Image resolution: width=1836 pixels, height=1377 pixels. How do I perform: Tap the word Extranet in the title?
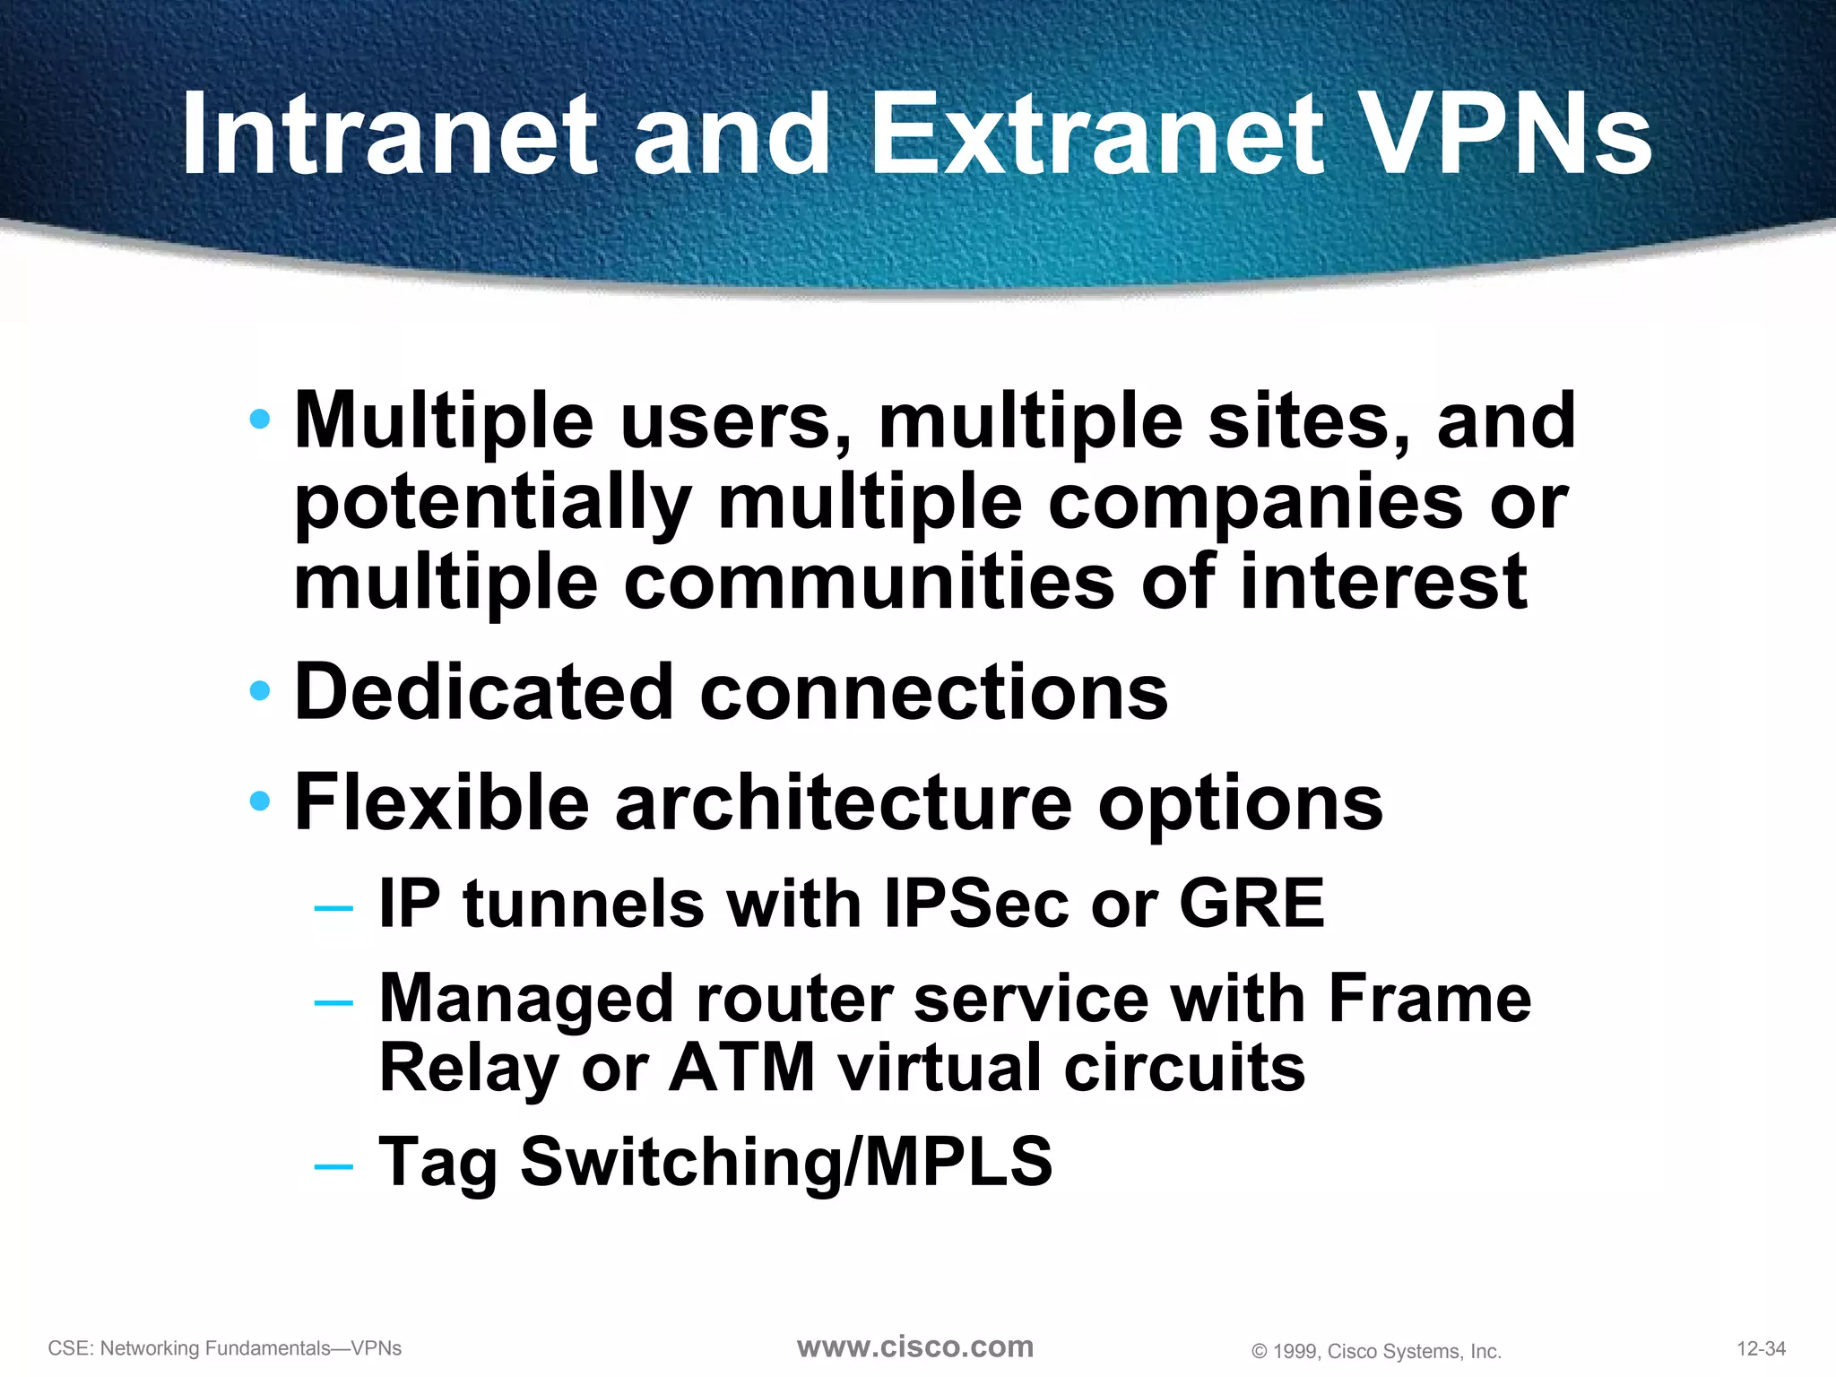[1097, 134]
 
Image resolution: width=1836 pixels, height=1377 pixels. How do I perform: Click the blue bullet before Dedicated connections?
[260, 690]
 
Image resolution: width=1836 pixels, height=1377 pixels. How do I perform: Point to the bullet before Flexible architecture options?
[260, 801]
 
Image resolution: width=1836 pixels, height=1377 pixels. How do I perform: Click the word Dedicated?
[483, 692]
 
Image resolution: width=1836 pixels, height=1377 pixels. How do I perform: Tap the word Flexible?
[441, 802]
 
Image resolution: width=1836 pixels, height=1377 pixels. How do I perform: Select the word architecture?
[843, 802]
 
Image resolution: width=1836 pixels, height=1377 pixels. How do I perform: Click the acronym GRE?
[1251, 904]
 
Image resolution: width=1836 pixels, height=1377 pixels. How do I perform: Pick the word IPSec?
[976, 904]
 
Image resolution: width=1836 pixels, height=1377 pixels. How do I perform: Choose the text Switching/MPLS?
[786, 1162]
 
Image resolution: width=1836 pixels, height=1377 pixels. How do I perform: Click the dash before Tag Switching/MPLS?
[333, 1165]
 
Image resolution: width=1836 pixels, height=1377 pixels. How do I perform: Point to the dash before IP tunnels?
[333, 907]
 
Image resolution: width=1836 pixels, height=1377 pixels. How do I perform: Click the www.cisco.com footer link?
[915, 1347]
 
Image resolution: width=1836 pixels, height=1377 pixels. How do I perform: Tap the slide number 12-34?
[1761, 1348]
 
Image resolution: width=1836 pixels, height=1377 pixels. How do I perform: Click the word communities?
[869, 583]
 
